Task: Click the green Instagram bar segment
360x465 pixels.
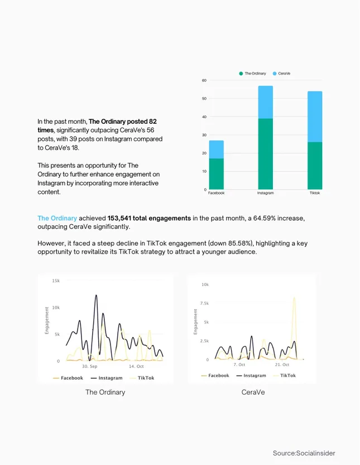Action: (265, 154)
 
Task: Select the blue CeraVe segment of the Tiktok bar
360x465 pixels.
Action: (315, 117)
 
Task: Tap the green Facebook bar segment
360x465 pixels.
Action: (216, 174)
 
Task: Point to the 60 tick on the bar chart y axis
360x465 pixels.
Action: (204, 81)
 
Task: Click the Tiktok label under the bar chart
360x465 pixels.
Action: (315, 193)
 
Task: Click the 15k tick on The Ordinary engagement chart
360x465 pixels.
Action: (55, 280)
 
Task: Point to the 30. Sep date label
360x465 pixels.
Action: (90, 366)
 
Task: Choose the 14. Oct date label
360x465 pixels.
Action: (136, 366)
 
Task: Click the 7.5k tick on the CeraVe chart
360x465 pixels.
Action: (204, 303)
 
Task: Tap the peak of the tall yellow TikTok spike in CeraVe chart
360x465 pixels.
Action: (294, 298)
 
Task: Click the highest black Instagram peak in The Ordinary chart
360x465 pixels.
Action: (96, 296)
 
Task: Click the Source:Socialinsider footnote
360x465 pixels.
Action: (304, 453)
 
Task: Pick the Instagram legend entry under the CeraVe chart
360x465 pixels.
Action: (251, 376)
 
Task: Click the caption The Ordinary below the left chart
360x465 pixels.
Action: (105, 392)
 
